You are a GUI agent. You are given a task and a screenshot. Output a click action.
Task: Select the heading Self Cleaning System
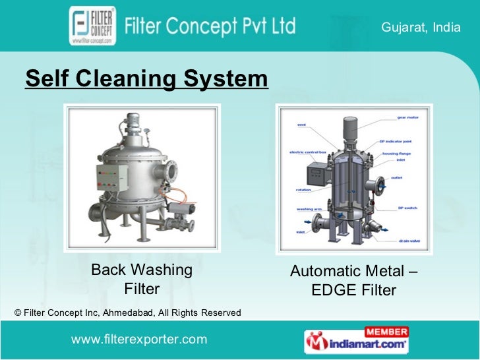[x=146, y=80]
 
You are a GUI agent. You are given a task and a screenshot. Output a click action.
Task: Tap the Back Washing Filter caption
[x=142, y=279]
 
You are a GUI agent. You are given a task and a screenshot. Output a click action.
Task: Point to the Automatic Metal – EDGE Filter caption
[x=353, y=280]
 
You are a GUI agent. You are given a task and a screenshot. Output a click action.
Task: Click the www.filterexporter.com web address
[x=138, y=339]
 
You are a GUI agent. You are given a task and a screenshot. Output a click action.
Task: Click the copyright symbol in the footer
[x=18, y=312]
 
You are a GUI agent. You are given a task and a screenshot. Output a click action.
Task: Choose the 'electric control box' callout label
[x=307, y=152]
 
